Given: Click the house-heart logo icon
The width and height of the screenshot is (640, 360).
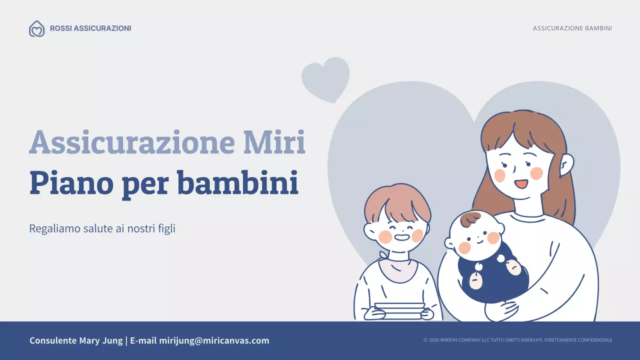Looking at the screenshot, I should pos(36,28).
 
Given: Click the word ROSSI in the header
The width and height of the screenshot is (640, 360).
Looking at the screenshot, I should pos(60,28).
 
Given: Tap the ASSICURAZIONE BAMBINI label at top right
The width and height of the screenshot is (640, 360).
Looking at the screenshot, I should pos(572,28).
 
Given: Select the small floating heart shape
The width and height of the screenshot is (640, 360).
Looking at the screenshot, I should pos(325,78).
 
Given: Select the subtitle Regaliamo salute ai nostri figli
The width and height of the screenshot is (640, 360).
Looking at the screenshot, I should pos(102,229).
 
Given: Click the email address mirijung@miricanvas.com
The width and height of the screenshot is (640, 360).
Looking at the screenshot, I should pos(214,341).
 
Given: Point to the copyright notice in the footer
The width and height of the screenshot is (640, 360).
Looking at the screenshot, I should pos(517,340).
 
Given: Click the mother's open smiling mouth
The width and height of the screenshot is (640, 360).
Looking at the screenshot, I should pos(521,183).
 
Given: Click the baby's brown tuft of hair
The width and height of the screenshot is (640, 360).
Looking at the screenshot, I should pos(470,218).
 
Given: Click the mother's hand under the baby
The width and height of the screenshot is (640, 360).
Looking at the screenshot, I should pos(504,310).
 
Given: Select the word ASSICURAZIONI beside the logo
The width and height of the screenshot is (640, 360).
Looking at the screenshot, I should pos(102,28).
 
